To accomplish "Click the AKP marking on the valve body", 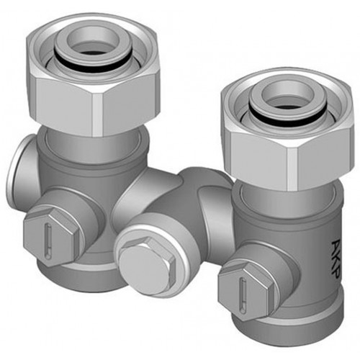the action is [x=336, y=259].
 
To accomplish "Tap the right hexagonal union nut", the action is [x=288, y=130].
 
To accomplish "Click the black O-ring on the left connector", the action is [x=92, y=62].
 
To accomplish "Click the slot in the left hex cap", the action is [x=48, y=240].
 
